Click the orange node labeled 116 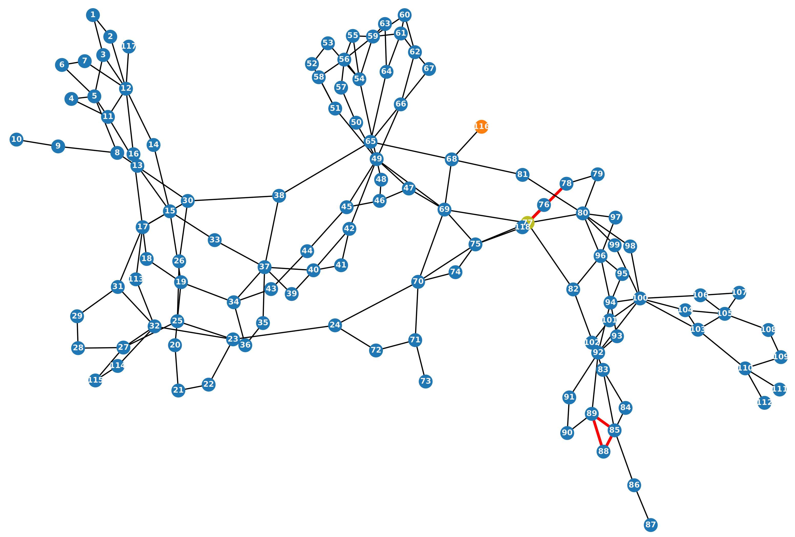pos(481,127)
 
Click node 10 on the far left pos(16,139)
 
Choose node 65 pos(371,141)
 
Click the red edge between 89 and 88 pos(597,433)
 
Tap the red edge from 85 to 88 pos(609,441)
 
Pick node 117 pos(129,46)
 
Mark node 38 pos(279,195)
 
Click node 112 pos(764,402)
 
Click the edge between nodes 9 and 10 pos(37,143)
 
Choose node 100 pos(640,298)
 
